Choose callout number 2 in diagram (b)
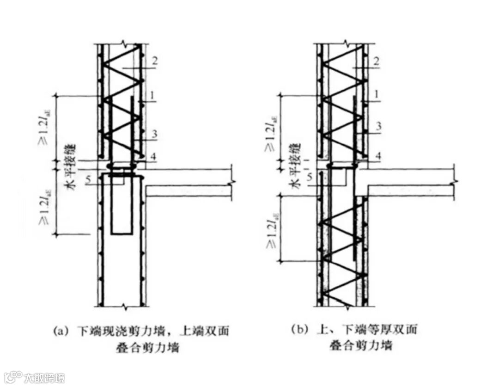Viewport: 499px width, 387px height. click(377, 61)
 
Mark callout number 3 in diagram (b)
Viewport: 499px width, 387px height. click(377, 126)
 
